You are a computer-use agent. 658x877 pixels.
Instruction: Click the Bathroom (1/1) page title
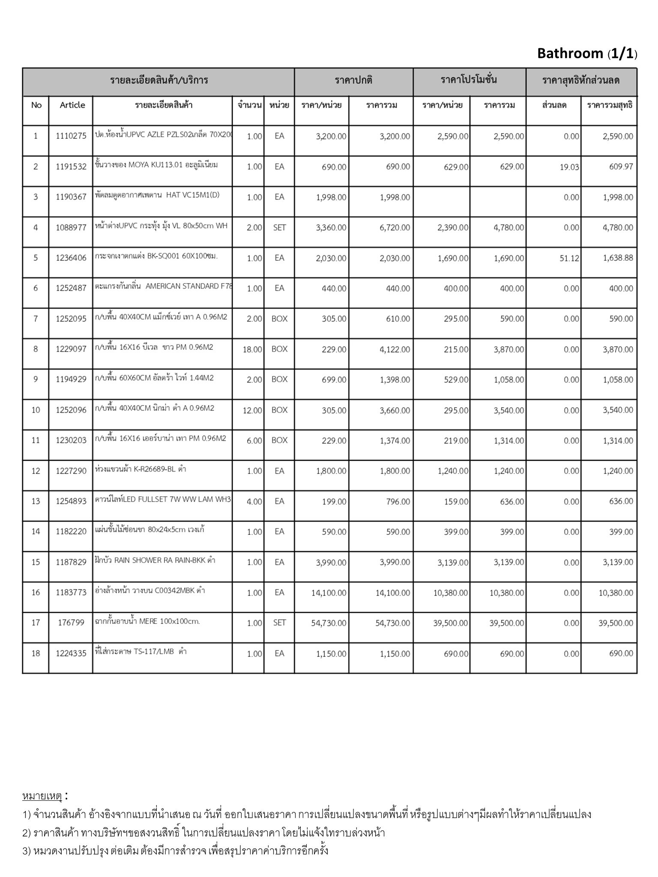[587, 54]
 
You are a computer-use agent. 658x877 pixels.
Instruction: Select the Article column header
[72, 105]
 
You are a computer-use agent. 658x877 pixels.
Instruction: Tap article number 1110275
[71, 137]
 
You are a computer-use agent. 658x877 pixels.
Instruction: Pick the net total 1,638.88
[617, 258]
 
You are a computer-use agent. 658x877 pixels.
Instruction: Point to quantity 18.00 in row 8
[252, 349]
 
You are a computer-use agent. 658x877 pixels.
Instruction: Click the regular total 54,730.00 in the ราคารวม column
[392, 623]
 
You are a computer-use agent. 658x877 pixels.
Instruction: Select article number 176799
[71, 623]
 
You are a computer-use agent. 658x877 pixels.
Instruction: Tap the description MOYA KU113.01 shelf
[156, 164]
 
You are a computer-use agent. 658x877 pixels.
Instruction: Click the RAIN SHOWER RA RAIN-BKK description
[155, 560]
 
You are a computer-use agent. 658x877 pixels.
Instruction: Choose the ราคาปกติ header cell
[353, 80]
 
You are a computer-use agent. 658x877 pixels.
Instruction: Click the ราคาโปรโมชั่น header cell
[469, 80]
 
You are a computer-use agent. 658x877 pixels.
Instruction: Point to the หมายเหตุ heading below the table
[42, 796]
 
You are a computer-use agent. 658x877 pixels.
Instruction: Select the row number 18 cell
[36, 653]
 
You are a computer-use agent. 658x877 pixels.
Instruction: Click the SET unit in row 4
[279, 228]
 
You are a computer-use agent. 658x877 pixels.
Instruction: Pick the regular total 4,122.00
[395, 349]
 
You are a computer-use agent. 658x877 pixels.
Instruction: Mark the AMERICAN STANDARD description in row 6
[163, 286]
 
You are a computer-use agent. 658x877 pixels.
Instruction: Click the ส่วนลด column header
[554, 105]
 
